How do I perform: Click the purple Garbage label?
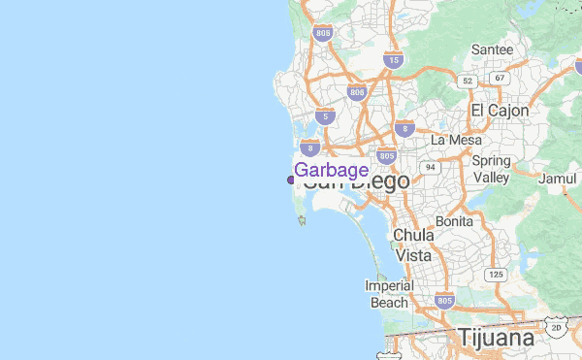tap(331, 170)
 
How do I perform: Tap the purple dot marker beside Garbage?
tap(291, 180)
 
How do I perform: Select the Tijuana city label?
tap(496, 339)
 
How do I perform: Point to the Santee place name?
tap(492, 49)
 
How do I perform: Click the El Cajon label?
tap(500, 110)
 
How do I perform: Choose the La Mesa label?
tap(457, 140)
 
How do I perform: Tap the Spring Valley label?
tap(491, 169)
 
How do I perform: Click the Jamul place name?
tap(557, 179)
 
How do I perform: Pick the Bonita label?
tap(455, 221)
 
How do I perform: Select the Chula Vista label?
tap(412, 245)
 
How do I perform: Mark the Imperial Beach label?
tap(389, 294)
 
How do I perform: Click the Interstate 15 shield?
tap(393, 60)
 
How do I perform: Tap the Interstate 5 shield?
tap(322, 116)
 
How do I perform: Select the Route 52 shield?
tap(469, 80)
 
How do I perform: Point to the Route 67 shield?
tap(500, 78)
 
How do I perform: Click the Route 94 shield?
tap(428, 167)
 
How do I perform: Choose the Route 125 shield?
tap(496, 275)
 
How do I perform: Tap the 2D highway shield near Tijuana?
tap(556, 329)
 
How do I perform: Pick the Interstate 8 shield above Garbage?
tap(310, 147)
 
